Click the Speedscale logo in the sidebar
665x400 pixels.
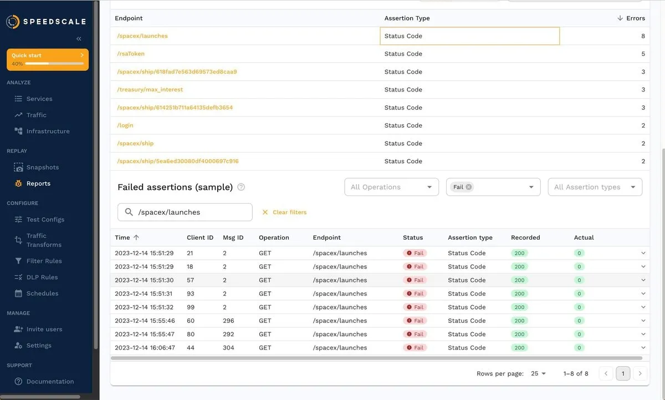pyautogui.click(x=47, y=22)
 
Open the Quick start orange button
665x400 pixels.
pyautogui.click(x=48, y=59)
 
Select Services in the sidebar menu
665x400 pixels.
pyautogui.click(x=39, y=99)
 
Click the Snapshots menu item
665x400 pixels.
pyautogui.click(x=42, y=168)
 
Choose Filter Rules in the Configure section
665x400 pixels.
pyautogui.click(x=44, y=261)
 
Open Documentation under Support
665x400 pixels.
pyautogui.click(x=50, y=382)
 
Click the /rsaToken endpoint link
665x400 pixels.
pyautogui.click(x=131, y=54)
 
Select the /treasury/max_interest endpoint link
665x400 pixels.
pyautogui.click(x=150, y=89)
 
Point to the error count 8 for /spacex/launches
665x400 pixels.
pyautogui.click(x=643, y=36)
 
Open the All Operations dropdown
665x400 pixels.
pyautogui.click(x=391, y=187)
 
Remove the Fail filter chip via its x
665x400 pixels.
pyautogui.click(x=469, y=187)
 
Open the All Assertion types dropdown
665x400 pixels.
pyautogui.click(x=595, y=187)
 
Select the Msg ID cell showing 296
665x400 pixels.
pyautogui.click(x=228, y=321)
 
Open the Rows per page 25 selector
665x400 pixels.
pyautogui.click(x=538, y=374)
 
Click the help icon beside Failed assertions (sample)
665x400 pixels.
pyautogui.click(x=241, y=188)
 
